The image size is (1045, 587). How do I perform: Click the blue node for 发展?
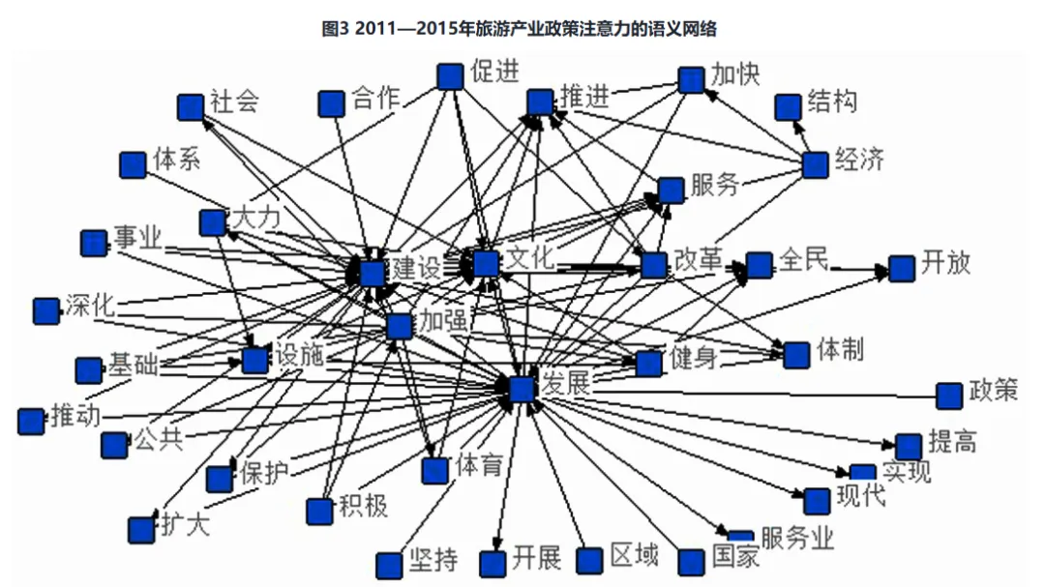coord(522,389)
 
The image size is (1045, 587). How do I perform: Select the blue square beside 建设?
coord(373,274)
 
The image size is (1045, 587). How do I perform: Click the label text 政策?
coord(994,392)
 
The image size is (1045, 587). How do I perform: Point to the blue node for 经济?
coord(816,165)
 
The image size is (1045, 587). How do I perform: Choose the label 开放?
coord(945,263)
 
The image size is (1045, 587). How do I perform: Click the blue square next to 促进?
coord(449,76)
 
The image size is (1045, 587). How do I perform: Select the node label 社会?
coord(235,103)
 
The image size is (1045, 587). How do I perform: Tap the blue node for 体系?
coord(133,165)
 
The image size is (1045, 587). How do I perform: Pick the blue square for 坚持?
coord(389,565)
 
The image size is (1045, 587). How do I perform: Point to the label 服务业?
coord(797,539)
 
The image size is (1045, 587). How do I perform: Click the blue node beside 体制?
coord(796,355)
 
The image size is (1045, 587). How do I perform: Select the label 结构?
coord(832,102)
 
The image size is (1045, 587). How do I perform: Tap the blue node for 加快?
coord(691,79)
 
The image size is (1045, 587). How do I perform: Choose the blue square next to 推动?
coord(31,421)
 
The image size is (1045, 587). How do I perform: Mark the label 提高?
coord(952,443)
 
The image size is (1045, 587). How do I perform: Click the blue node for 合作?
coord(332,103)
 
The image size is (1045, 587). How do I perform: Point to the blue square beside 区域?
coord(590,560)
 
